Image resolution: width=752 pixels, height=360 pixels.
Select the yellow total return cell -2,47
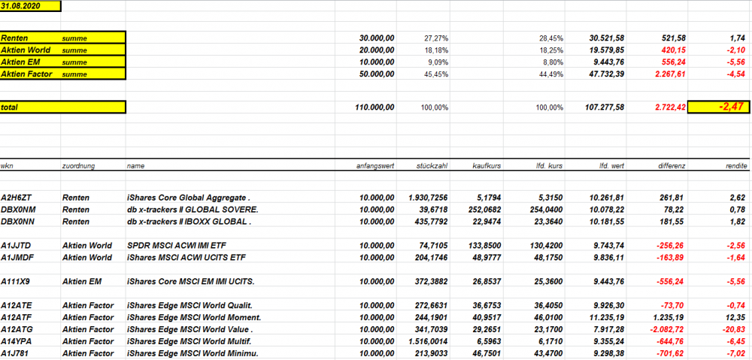point(718,107)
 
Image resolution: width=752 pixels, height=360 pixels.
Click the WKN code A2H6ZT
point(16,198)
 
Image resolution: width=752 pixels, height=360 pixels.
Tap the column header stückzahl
point(432,165)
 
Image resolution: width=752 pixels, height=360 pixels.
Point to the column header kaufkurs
point(488,165)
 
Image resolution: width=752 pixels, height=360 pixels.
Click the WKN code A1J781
point(16,353)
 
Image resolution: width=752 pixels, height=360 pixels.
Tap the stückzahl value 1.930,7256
point(429,198)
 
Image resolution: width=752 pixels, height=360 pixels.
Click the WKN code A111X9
point(16,281)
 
